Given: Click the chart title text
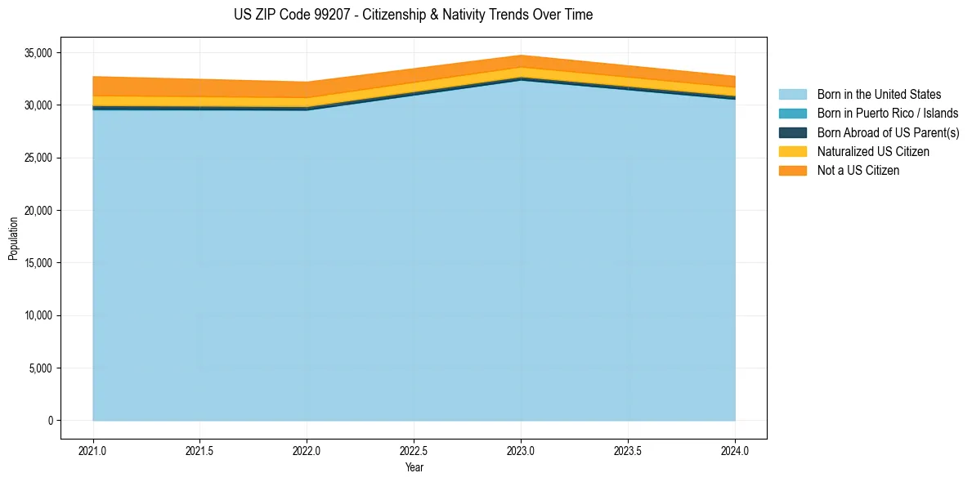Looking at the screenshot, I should [413, 15].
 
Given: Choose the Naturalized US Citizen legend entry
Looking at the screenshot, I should [873, 152].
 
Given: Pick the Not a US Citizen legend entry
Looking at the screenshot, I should [858, 171].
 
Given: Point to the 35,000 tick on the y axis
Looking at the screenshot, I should [37, 53].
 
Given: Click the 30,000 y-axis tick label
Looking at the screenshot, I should [37, 105].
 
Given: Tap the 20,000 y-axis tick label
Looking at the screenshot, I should [37, 211].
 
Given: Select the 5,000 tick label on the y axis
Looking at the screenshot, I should [39, 368].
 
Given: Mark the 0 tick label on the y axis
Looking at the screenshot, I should [50, 421].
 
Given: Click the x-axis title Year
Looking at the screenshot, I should [414, 468].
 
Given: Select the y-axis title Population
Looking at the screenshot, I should [13, 238].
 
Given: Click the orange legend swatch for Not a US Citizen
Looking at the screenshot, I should [792, 171].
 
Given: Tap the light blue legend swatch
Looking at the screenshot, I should [792, 95].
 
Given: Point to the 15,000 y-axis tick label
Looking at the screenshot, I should [37, 263].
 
